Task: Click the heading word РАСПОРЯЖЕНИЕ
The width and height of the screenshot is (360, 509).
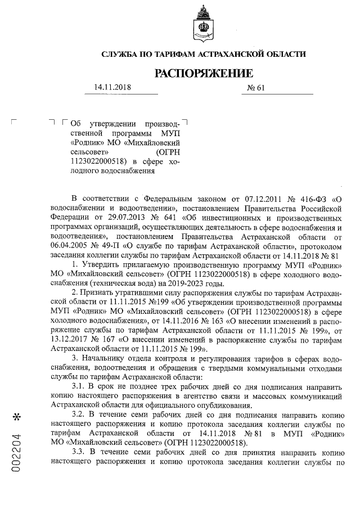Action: tap(204, 73)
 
